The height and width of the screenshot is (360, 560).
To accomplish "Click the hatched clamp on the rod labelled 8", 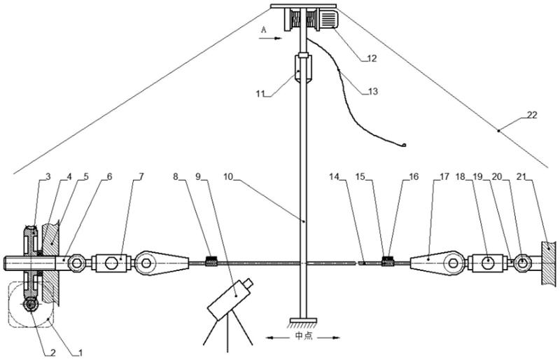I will coord(211,263).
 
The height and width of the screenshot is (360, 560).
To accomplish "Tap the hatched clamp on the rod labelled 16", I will coord(388,263).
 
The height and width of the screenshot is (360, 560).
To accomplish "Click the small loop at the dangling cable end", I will coord(405,145).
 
